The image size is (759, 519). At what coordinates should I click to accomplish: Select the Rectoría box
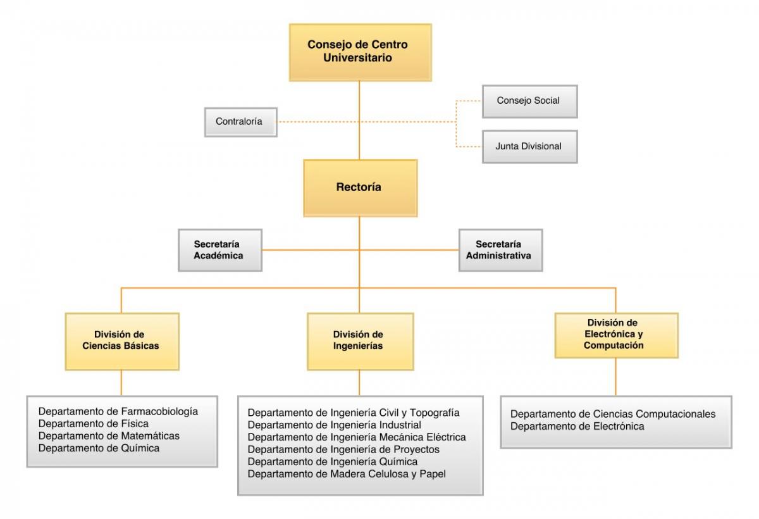click(360, 187)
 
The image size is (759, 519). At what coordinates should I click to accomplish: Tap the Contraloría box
click(240, 122)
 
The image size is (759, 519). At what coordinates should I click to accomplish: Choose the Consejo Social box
click(529, 101)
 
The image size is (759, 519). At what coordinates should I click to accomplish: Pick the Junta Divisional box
click(529, 146)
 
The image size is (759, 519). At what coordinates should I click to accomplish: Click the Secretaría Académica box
click(219, 250)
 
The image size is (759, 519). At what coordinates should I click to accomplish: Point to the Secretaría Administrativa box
click(500, 250)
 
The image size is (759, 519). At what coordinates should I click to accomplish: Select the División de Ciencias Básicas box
click(121, 341)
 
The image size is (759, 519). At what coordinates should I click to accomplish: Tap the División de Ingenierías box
click(360, 341)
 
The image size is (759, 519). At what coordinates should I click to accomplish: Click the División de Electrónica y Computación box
click(615, 335)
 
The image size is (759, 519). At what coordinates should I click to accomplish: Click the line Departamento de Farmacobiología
click(118, 411)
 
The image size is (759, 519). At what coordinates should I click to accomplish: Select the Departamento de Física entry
click(94, 423)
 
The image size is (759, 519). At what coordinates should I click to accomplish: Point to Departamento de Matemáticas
click(109, 436)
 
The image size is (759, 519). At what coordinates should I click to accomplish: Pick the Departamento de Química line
click(99, 448)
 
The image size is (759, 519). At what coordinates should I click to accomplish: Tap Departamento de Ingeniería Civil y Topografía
click(354, 413)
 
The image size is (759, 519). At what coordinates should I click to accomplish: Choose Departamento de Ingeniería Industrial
click(335, 425)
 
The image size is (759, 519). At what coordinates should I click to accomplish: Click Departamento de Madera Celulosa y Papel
click(347, 473)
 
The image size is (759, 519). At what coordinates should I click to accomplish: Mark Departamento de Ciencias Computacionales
click(613, 414)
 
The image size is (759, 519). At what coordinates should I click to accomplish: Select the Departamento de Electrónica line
click(577, 427)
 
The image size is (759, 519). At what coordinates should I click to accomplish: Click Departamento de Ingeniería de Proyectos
click(343, 449)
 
